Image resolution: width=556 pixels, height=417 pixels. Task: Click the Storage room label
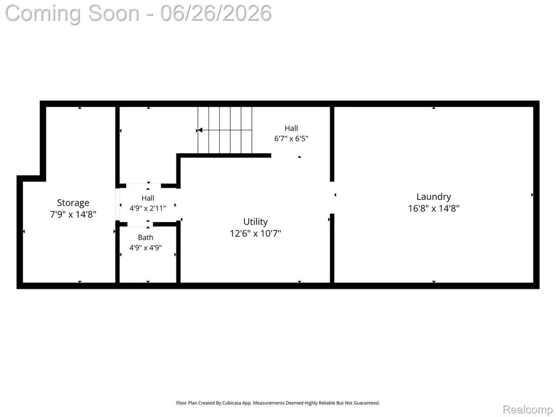click(73, 203)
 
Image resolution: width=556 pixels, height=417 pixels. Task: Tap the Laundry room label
click(434, 197)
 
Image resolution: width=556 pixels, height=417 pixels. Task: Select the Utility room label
click(255, 222)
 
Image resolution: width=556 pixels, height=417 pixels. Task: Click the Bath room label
click(146, 238)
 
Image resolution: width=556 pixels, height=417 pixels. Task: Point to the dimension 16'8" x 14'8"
click(434, 208)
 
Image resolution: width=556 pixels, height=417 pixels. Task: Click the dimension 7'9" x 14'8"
click(73, 214)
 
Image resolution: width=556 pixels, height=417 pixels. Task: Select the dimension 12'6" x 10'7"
click(255, 233)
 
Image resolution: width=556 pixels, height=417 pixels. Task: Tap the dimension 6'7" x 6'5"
click(291, 138)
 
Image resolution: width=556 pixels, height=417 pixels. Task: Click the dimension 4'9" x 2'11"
click(148, 208)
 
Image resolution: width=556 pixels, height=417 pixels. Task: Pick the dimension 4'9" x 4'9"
click(146, 248)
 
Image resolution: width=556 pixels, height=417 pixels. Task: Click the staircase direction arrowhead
click(200, 130)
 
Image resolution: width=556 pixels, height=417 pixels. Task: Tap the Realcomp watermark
click(528, 409)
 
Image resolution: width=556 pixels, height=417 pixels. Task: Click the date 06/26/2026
click(216, 13)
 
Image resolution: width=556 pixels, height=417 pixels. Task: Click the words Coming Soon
click(72, 13)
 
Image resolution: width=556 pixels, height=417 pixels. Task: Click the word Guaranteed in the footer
click(367, 403)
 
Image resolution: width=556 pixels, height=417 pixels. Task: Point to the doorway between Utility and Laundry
click(332, 198)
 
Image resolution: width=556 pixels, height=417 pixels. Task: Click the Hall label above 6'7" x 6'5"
click(291, 128)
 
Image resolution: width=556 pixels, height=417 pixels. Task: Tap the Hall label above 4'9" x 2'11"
click(148, 198)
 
